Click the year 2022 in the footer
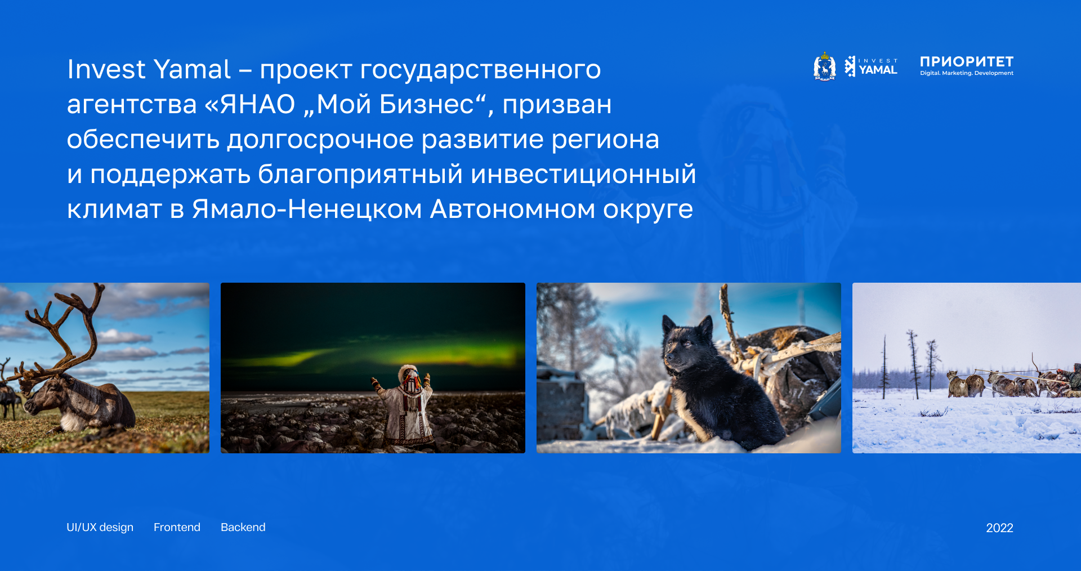[999, 528]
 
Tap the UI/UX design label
[100, 528]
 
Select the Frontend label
[177, 527]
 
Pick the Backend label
[243, 527]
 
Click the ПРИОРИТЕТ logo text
[967, 61]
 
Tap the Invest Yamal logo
[871, 66]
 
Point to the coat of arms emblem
[825, 66]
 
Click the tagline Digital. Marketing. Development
[967, 73]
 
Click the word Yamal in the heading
[192, 69]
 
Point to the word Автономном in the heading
[513, 209]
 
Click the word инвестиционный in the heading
[583, 174]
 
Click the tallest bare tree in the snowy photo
[913, 363]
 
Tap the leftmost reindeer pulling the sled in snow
[966, 383]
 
